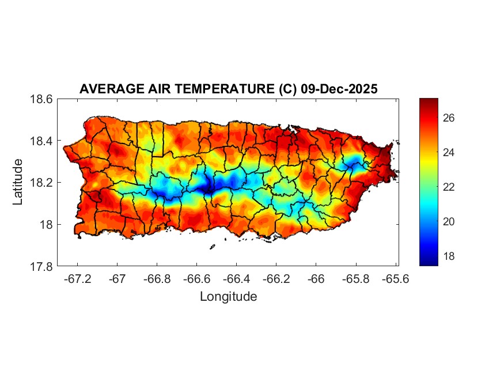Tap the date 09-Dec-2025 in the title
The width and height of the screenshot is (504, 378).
tap(339, 89)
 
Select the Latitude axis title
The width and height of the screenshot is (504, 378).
tap(18, 182)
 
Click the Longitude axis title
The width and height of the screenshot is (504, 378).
tap(228, 297)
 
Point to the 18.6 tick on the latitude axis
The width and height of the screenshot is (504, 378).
tap(41, 99)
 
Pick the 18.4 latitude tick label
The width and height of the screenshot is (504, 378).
tap(41, 141)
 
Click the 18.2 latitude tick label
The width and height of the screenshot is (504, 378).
tap(41, 183)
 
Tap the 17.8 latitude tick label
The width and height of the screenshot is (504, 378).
tap(41, 266)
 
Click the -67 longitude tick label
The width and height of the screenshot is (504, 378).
tap(118, 279)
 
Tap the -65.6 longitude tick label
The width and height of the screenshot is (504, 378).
tap(395, 279)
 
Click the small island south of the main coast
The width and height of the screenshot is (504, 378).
tap(212, 247)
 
